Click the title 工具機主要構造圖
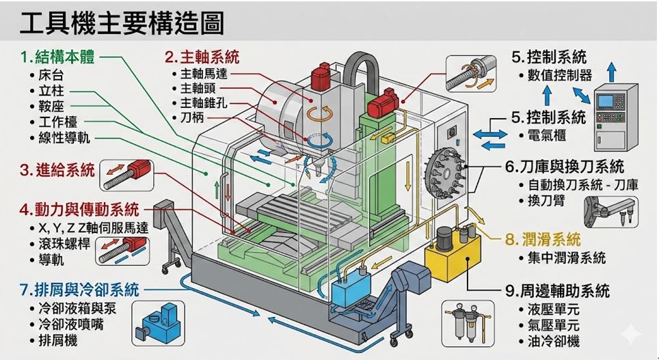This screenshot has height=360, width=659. click(122, 24)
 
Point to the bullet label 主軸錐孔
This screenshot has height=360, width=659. click(204, 102)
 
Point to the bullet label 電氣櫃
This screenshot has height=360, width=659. click(547, 135)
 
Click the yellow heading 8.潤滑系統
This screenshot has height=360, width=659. click(543, 239)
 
